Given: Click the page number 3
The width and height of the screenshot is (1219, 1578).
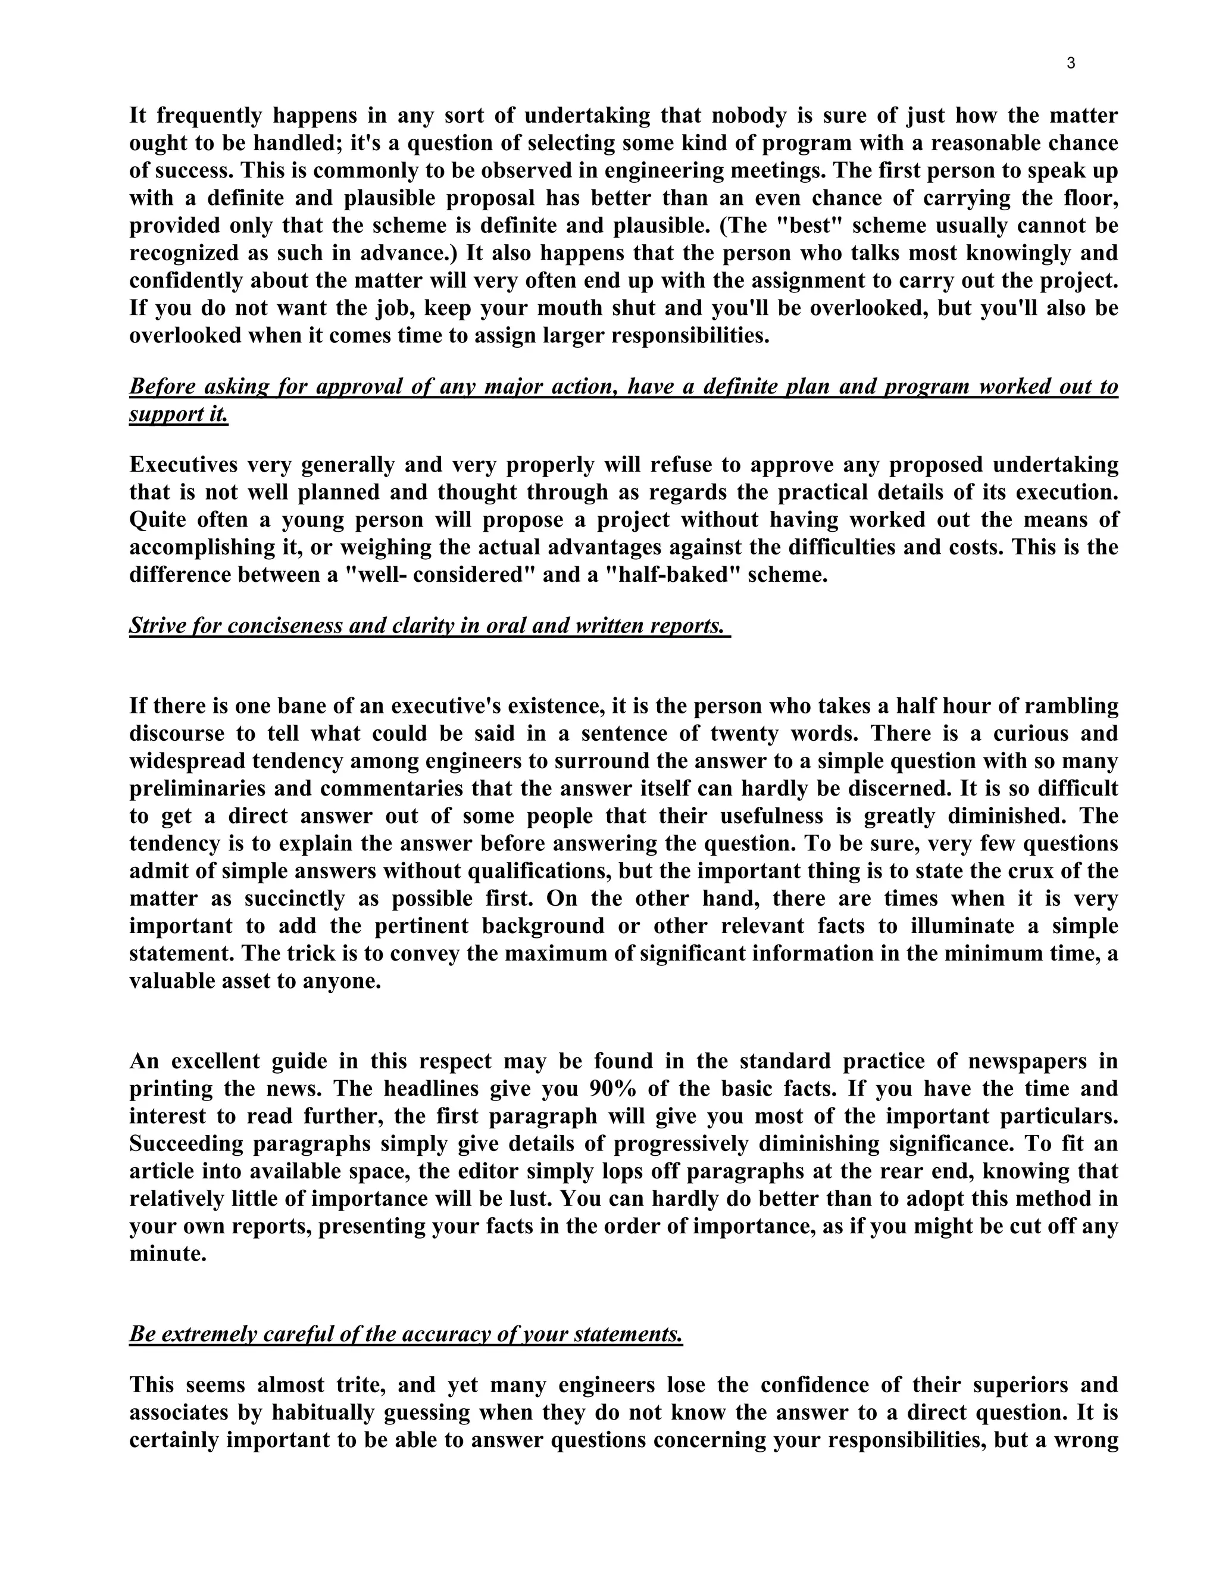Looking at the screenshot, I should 1070,64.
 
